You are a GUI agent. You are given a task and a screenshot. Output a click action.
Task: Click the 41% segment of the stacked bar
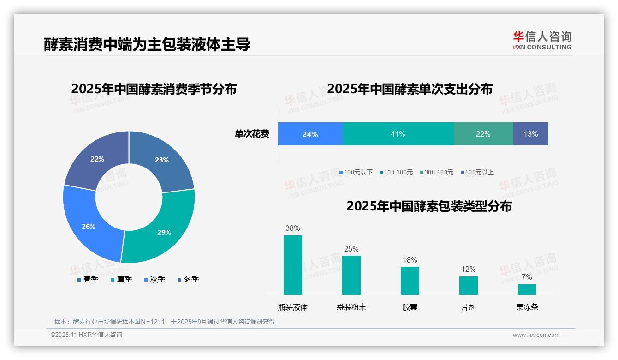(x=398, y=134)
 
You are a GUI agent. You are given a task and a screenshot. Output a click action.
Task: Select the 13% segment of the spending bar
(x=530, y=134)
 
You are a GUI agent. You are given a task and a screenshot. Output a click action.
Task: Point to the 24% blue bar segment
(x=310, y=134)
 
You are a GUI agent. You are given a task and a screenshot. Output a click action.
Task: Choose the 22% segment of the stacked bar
(x=483, y=134)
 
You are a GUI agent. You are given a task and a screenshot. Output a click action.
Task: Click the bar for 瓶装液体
(x=292, y=265)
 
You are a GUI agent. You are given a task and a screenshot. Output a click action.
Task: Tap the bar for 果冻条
(x=527, y=289)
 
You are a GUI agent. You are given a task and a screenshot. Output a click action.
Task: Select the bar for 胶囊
(x=410, y=281)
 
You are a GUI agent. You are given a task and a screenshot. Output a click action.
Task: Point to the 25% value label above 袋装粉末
(x=351, y=249)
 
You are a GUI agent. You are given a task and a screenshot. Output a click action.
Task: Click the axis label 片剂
(x=468, y=307)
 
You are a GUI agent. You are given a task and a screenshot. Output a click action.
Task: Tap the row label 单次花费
(x=252, y=134)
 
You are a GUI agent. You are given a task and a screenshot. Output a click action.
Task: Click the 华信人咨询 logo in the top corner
(x=542, y=40)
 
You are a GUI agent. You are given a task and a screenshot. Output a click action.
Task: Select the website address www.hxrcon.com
(x=535, y=335)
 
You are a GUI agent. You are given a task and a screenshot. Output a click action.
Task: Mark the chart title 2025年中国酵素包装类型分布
(x=429, y=206)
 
